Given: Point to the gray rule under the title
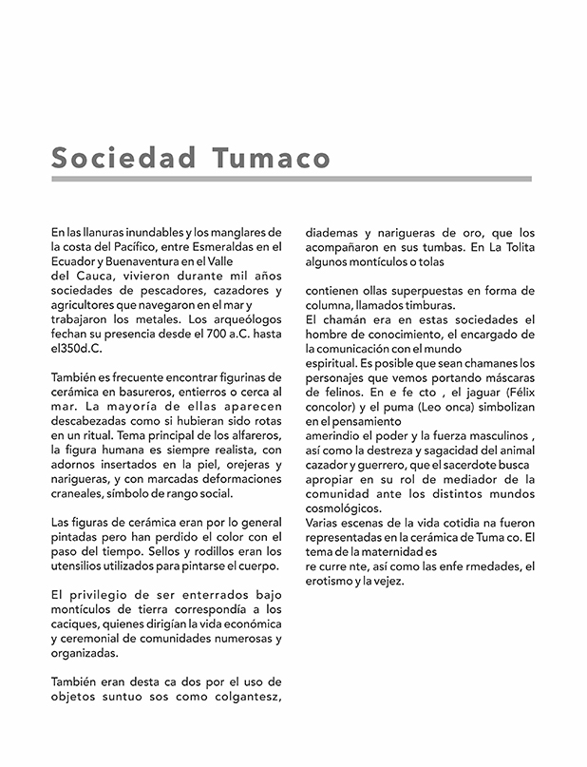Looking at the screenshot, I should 292,178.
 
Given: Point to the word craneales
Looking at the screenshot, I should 79,493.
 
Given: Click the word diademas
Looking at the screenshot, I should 331,232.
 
